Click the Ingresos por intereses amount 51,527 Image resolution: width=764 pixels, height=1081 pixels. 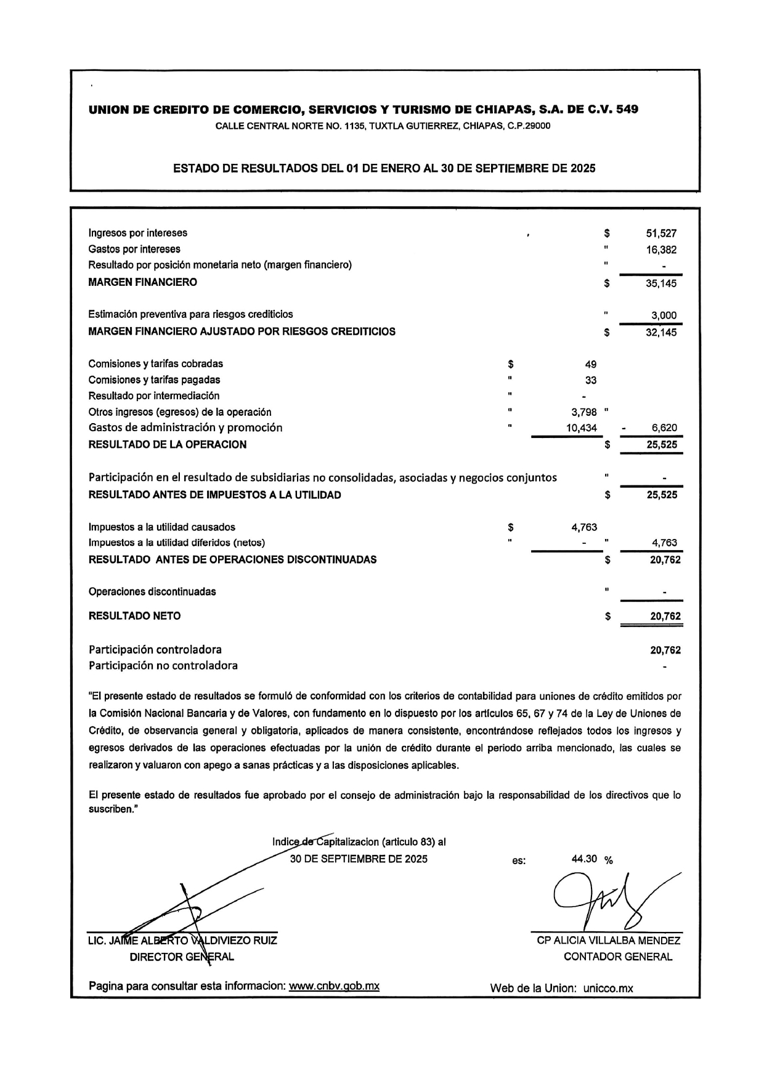[x=661, y=233]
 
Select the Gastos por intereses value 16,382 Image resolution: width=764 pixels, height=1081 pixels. [x=661, y=250]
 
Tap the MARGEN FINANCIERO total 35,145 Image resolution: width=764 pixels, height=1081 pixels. [x=661, y=284]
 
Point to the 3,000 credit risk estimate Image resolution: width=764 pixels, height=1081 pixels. [x=664, y=315]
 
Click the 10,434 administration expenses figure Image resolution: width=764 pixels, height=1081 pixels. [x=582, y=428]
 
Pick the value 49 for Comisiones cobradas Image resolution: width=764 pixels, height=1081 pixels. [x=590, y=364]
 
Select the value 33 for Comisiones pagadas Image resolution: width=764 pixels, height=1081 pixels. [x=590, y=381]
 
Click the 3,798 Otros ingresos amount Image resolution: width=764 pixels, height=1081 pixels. [x=584, y=412]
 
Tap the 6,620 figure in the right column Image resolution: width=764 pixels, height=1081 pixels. [x=664, y=428]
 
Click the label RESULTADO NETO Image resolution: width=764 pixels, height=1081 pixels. [x=135, y=616]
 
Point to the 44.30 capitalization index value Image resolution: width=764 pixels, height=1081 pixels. [x=585, y=859]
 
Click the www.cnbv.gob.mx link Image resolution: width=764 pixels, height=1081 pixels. [x=335, y=986]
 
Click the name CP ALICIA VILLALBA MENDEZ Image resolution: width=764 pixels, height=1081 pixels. [x=609, y=941]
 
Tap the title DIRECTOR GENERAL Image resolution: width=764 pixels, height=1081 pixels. [x=182, y=957]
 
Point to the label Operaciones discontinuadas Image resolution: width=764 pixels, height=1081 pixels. [x=152, y=592]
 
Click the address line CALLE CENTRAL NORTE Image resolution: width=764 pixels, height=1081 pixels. [x=383, y=126]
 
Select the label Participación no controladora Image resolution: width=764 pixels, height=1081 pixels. [x=163, y=666]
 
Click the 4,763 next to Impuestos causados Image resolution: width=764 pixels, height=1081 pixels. [x=584, y=527]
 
